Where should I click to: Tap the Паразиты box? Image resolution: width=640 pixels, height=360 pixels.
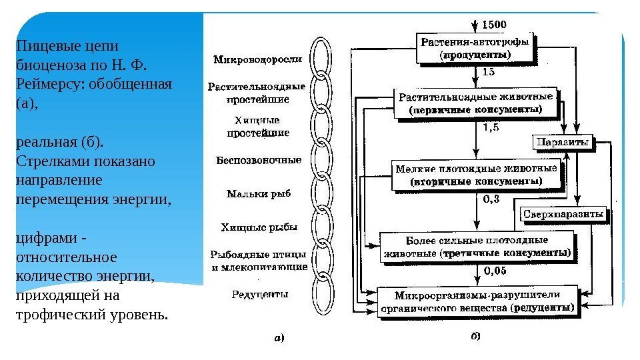pos(563,143)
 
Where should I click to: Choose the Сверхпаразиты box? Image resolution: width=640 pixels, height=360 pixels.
pos(563,215)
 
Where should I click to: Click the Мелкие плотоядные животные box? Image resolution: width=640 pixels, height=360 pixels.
pos(475,174)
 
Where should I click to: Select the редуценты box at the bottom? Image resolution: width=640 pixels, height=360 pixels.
pos(477,302)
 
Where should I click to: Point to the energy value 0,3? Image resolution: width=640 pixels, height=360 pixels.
pos(491,198)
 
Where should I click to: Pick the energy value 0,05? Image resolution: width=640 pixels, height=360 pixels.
pos(494,271)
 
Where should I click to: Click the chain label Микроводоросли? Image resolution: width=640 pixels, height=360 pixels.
pos(257,59)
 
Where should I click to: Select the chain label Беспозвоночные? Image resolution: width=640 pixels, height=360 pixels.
pos(258,161)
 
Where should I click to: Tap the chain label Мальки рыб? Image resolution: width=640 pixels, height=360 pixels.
pos(259,194)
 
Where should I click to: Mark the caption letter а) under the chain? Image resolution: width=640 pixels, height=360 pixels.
pos(279,337)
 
